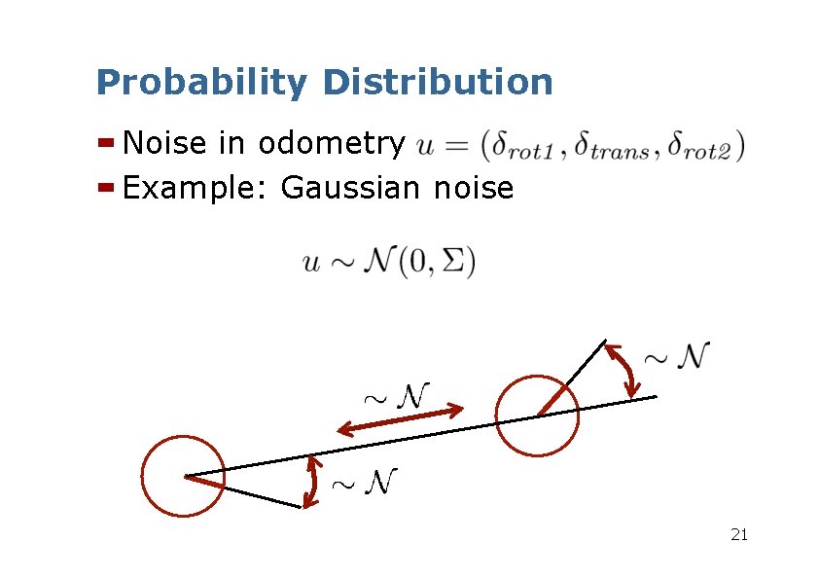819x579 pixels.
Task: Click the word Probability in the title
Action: [200, 83]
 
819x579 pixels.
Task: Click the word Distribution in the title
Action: [437, 82]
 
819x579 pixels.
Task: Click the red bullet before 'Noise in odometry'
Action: [107, 144]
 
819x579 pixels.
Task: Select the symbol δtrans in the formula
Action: [614, 148]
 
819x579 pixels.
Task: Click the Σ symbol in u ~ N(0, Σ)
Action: [453, 264]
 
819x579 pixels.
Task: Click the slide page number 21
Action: [738, 534]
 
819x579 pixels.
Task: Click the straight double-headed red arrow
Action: [400, 420]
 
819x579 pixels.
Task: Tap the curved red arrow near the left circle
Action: [311, 482]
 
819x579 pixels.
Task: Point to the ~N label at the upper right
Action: [679, 355]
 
